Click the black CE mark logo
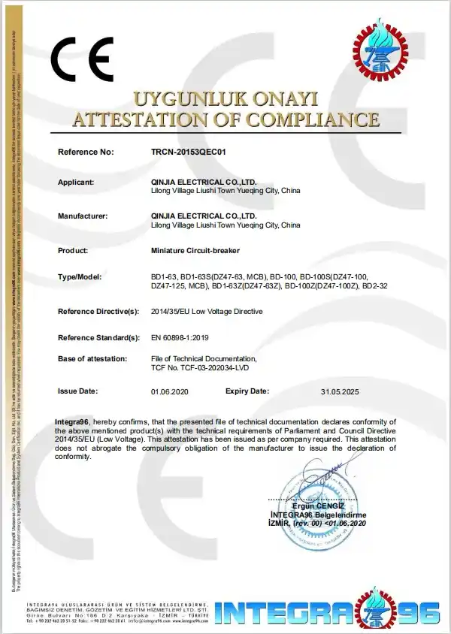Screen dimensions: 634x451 coord(82,59)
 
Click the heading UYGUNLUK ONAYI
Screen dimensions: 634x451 coord(225,98)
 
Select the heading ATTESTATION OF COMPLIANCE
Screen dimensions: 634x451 coord(225,119)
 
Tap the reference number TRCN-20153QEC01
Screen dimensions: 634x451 coord(189,152)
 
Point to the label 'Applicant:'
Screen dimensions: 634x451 coord(76,182)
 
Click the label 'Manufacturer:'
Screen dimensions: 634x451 coord(83,216)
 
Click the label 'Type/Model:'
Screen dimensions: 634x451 coord(79,277)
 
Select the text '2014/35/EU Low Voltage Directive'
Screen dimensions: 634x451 coord(207,311)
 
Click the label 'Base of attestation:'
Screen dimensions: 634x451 coord(92,358)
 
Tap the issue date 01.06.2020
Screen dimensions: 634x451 coord(168,392)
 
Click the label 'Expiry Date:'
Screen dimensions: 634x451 coord(247,391)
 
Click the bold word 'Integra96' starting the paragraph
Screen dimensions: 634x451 coord(72,421)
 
